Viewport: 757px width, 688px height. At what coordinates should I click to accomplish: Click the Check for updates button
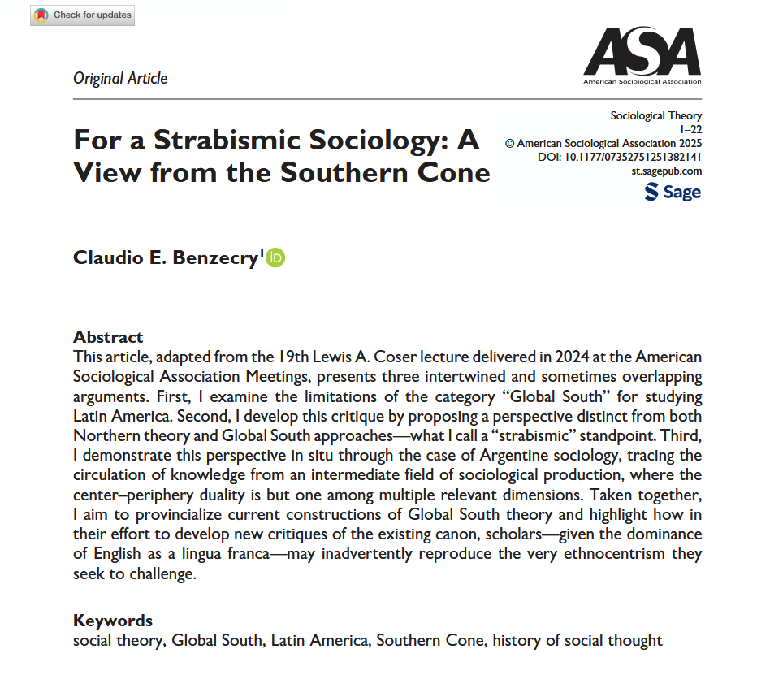tap(81, 15)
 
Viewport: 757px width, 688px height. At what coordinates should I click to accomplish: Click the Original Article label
tap(120, 79)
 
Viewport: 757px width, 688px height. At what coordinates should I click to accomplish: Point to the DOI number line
tap(620, 157)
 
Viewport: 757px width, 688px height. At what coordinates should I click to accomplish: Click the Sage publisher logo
tap(673, 192)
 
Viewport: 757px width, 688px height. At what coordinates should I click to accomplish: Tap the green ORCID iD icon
tap(276, 257)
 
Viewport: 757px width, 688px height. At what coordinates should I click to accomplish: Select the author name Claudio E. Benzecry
tap(165, 257)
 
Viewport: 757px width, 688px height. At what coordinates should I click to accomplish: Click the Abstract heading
tap(108, 336)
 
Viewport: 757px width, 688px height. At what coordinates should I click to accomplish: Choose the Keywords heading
tap(113, 621)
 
